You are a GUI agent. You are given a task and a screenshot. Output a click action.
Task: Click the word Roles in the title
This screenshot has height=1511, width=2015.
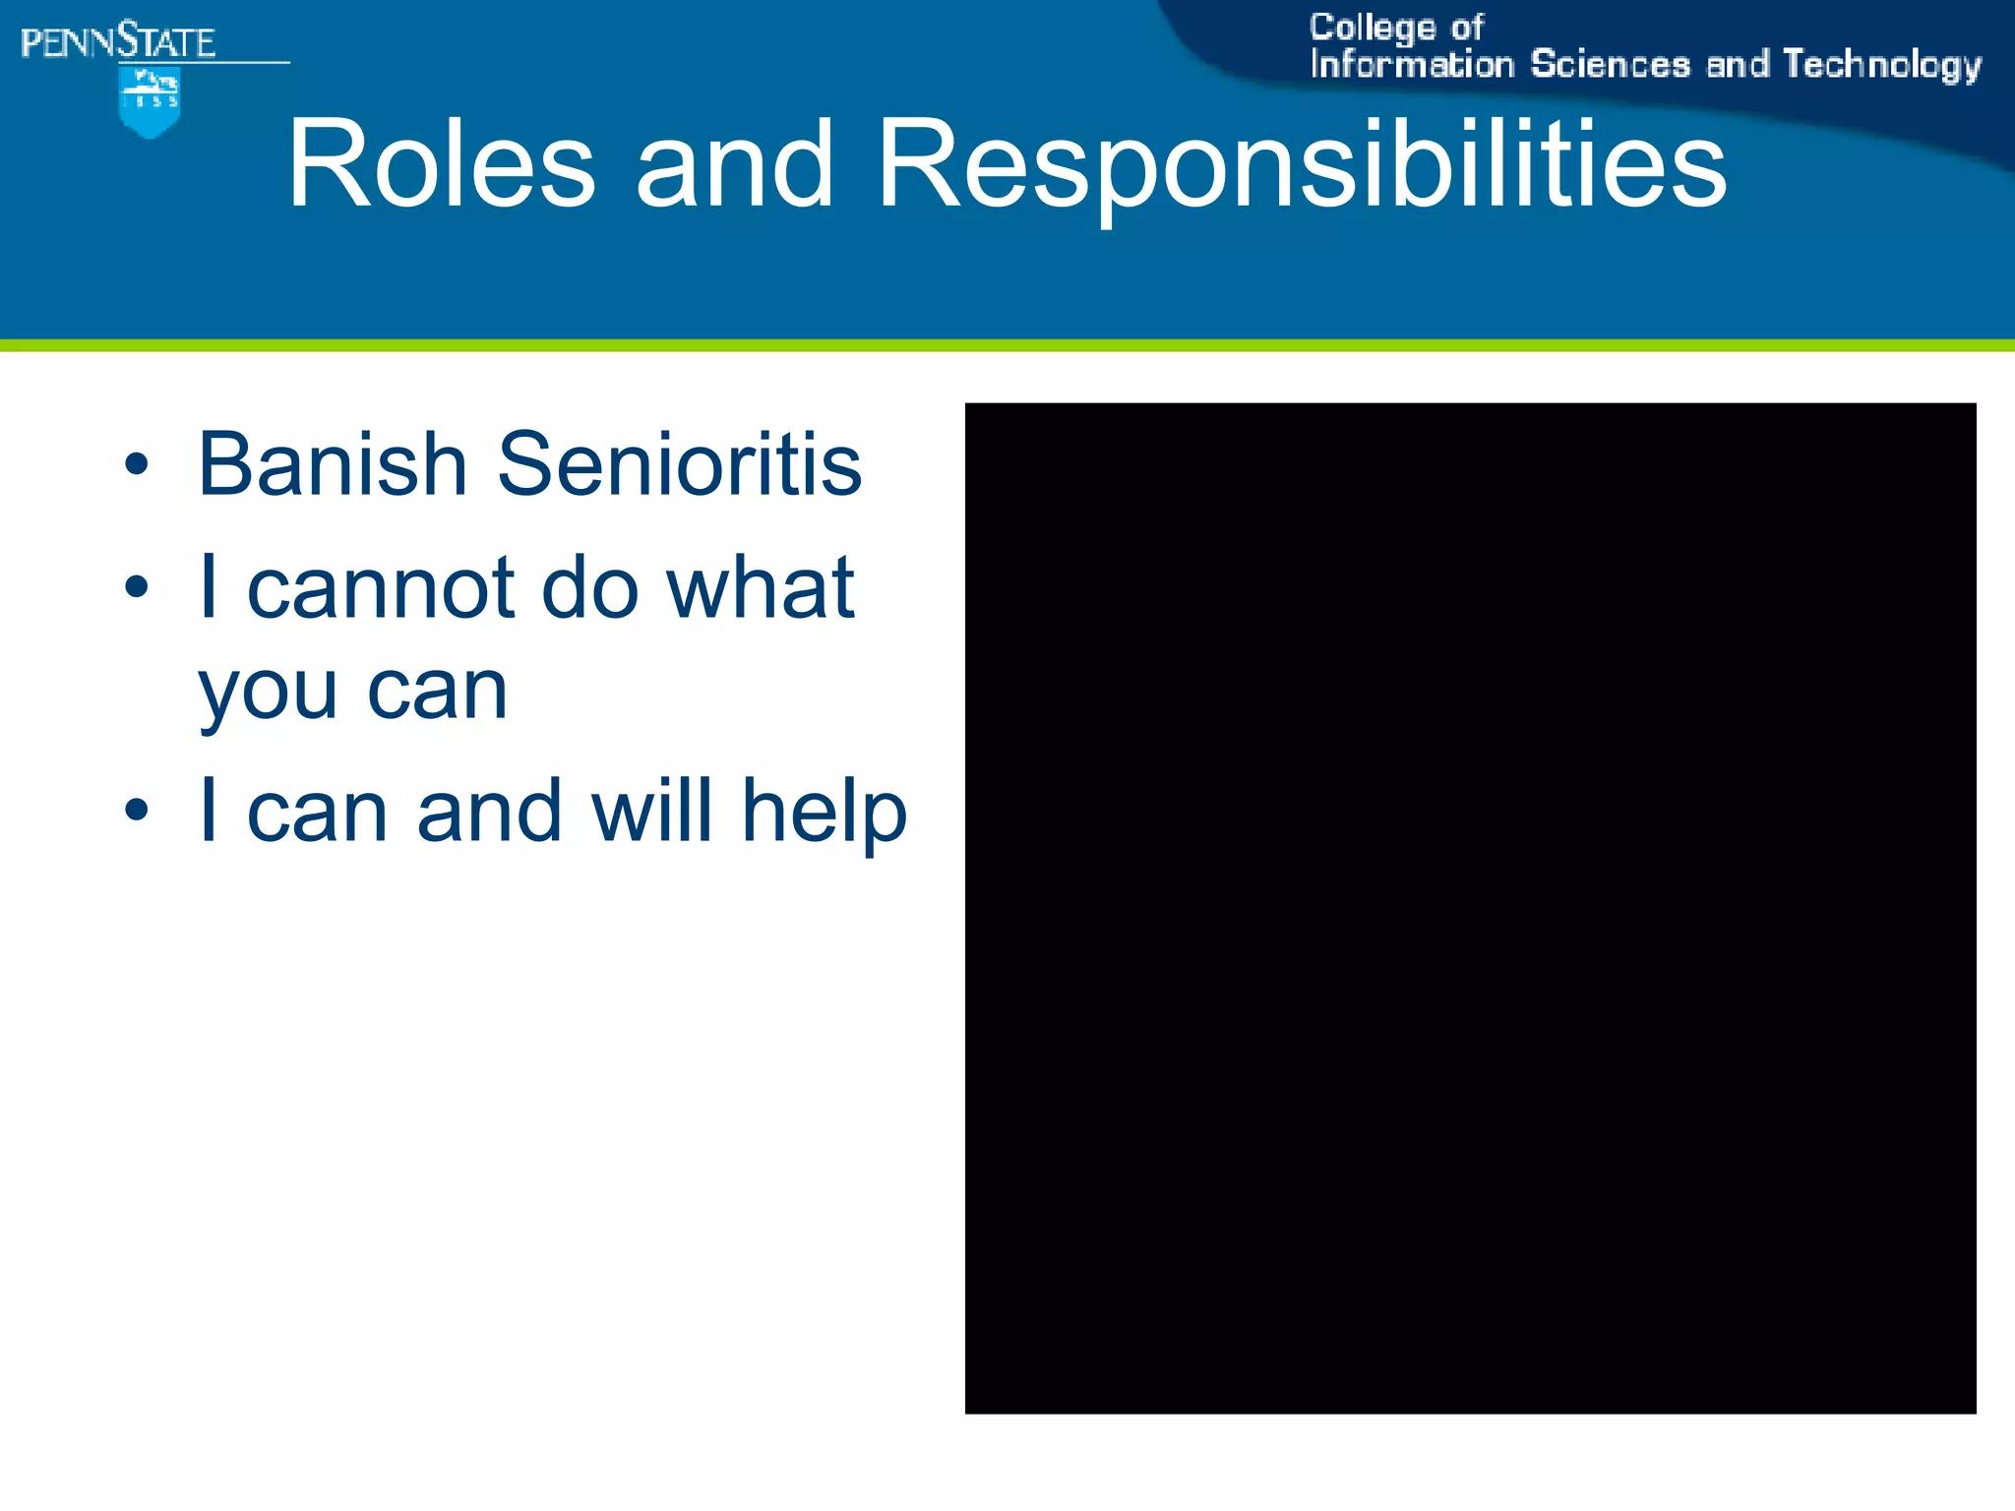441,165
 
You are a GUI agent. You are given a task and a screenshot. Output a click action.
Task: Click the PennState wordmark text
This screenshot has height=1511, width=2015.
118,42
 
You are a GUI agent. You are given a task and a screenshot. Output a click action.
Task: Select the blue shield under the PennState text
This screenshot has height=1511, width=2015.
150,102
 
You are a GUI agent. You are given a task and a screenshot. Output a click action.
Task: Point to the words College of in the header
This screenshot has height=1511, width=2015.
1395,28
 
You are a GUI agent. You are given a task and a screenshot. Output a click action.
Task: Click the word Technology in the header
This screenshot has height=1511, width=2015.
1881,65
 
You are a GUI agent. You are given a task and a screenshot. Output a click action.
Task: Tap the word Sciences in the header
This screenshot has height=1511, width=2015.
1610,65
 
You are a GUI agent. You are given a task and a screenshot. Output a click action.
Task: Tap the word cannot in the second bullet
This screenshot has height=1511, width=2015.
381,588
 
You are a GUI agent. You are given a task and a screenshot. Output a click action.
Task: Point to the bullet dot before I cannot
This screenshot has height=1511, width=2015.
137,588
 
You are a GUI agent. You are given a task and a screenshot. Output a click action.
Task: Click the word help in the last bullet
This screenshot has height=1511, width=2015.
824,813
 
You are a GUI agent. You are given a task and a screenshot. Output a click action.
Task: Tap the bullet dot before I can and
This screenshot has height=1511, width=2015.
137,811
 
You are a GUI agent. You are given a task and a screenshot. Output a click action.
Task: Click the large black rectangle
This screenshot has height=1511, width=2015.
1470,907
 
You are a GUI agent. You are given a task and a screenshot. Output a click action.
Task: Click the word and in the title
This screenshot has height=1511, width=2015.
734,165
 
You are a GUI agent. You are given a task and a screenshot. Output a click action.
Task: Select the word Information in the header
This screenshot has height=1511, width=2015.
1411,65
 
